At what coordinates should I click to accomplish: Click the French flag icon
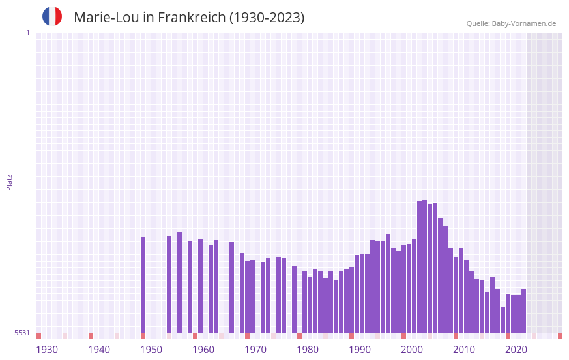click(x=52, y=16)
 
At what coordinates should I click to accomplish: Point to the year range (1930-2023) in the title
click(x=267, y=18)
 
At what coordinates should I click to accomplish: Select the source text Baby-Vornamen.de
click(x=523, y=23)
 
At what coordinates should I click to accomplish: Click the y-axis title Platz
click(x=9, y=182)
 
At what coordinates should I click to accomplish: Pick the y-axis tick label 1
click(x=27, y=33)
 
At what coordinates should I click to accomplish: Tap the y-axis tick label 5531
click(x=22, y=333)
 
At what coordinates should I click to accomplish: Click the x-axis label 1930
click(x=47, y=350)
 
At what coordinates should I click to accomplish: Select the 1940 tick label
click(x=99, y=350)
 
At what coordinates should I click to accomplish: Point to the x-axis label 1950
click(x=151, y=350)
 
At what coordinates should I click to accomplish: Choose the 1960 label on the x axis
click(x=203, y=350)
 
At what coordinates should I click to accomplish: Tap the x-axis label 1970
click(x=255, y=350)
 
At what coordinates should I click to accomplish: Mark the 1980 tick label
click(x=308, y=350)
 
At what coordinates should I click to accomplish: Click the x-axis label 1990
click(x=360, y=350)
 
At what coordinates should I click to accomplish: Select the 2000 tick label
click(x=412, y=350)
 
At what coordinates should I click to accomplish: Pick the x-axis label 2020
click(x=516, y=350)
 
